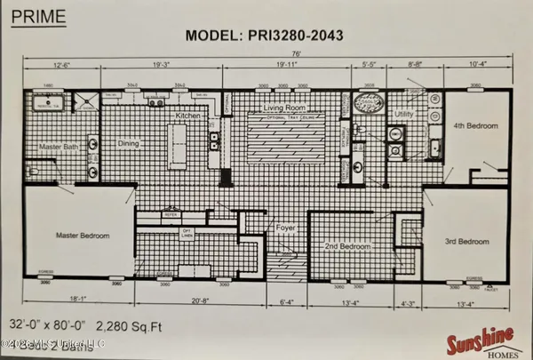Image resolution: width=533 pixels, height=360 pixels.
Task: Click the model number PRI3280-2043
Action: click(x=265, y=36)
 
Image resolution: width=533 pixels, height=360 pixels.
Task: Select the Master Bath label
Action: click(x=59, y=146)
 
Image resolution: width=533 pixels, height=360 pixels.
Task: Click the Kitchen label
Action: click(x=189, y=116)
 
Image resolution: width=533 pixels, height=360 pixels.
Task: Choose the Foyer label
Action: click(x=283, y=226)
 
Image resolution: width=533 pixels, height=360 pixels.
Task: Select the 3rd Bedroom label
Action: click(x=466, y=241)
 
